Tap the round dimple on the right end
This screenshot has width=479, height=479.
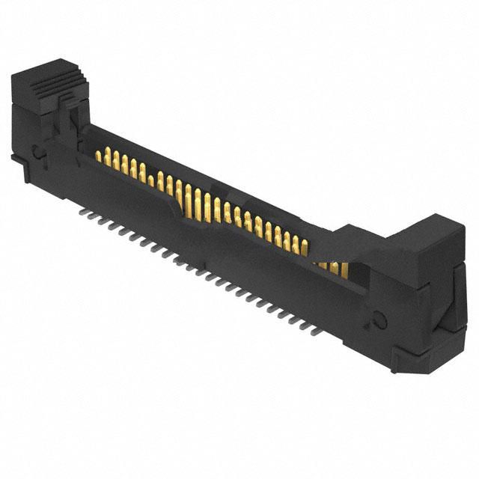tap(378, 320)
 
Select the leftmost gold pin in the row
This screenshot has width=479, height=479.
tap(98, 156)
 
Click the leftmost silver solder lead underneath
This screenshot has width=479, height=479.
tap(82, 212)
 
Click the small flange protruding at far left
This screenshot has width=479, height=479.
tap(16, 159)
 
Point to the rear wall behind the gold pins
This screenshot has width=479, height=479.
tap(225, 180)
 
